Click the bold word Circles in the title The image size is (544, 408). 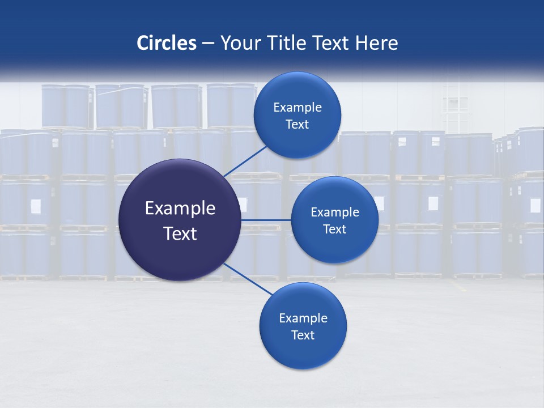166,43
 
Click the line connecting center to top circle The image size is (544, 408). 245,161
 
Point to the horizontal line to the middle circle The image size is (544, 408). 266,220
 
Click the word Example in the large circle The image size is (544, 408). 180,209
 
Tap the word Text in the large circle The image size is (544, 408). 180,233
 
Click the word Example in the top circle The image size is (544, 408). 297,107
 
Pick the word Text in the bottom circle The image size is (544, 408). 303,335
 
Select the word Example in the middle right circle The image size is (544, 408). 334,212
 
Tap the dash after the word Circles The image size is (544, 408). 208,44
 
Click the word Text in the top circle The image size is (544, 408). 297,124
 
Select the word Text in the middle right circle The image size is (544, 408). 334,229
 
